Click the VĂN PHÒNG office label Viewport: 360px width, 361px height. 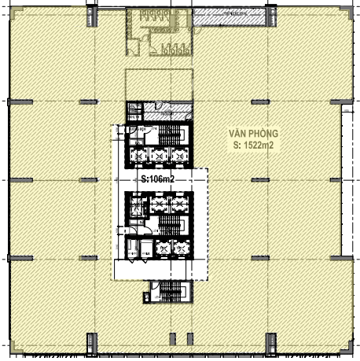253,134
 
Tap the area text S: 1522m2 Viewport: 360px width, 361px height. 253,145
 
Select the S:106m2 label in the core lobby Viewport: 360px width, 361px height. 158,179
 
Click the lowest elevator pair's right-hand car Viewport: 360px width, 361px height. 182,248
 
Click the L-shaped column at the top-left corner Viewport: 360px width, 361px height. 17,13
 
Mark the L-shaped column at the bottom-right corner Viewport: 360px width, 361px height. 346,347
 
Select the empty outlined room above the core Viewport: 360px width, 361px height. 160,84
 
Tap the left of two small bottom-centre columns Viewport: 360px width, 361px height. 173,339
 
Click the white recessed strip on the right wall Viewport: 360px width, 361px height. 347,180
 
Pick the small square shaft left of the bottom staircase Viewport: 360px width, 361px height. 146,298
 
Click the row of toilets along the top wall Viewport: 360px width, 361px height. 155,16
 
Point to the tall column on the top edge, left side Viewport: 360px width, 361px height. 92,17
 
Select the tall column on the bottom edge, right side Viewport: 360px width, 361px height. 271,344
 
